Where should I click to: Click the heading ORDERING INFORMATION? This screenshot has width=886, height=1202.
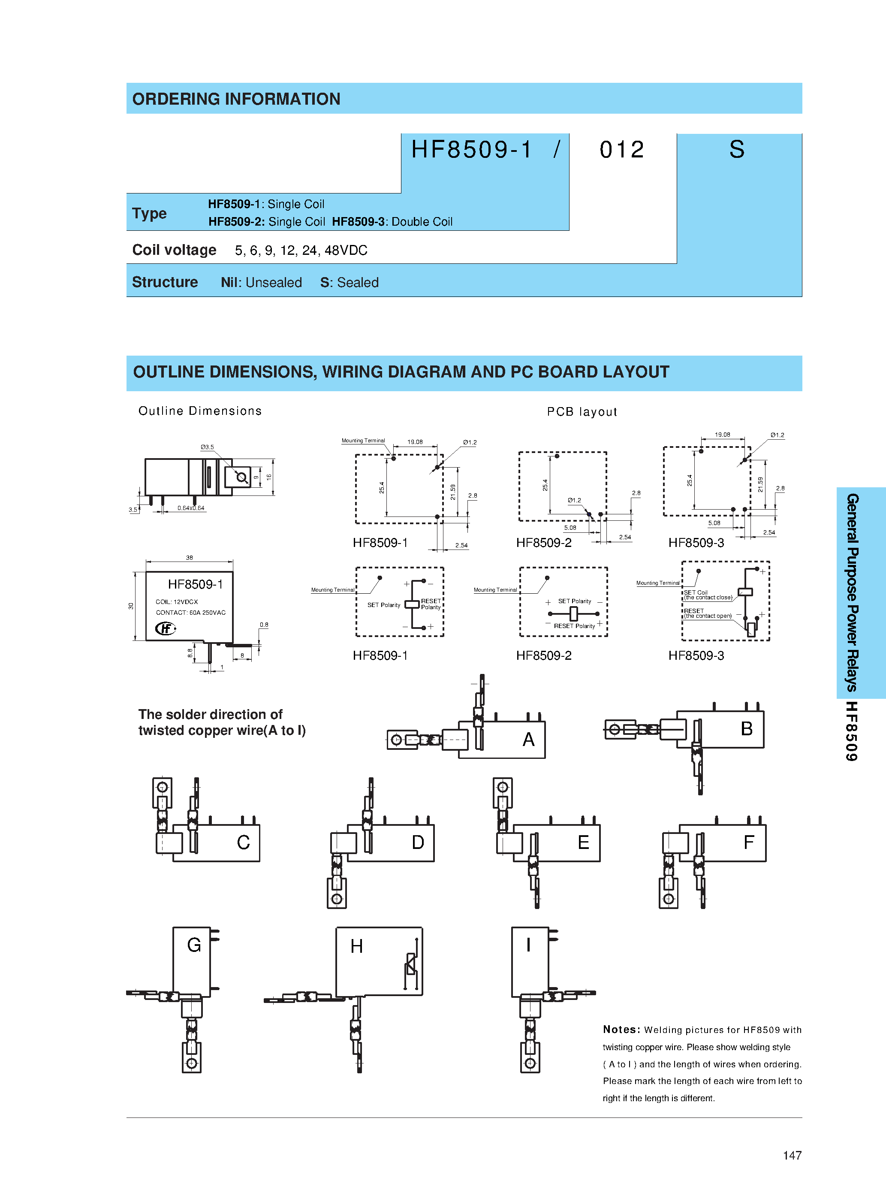click(x=236, y=99)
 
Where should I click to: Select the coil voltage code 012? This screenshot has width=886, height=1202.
click(x=621, y=150)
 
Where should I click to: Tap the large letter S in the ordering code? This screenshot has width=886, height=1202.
click(x=736, y=150)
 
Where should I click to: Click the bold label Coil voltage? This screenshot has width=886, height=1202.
click(x=174, y=250)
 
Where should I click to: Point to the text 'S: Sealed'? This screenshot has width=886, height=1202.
click(x=349, y=283)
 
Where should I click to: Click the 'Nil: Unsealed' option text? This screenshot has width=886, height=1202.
click(x=261, y=283)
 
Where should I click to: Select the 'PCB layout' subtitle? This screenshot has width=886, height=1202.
click(x=582, y=412)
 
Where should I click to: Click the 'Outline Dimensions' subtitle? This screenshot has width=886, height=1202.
click(x=200, y=411)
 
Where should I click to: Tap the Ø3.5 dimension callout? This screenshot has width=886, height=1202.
click(x=207, y=447)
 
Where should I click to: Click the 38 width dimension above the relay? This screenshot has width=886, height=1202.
click(x=189, y=558)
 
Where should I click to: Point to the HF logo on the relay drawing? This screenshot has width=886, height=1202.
click(x=165, y=628)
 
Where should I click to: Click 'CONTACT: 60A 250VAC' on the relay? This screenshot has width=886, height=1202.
click(x=190, y=613)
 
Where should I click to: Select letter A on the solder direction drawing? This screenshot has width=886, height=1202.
click(x=528, y=740)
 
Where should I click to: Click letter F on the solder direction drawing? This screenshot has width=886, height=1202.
click(x=749, y=842)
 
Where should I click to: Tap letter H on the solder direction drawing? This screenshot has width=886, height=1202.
click(x=357, y=946)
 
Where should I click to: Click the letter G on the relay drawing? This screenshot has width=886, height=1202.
click(x=194, y=945)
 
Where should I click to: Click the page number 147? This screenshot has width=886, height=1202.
click(x=792, y=1155)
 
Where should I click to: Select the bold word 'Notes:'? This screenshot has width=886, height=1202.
click(x=621, y=1029)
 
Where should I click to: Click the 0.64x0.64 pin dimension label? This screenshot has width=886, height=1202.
click(x=191, y=508)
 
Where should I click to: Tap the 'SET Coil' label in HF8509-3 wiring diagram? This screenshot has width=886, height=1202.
click(x=695, y=592)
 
